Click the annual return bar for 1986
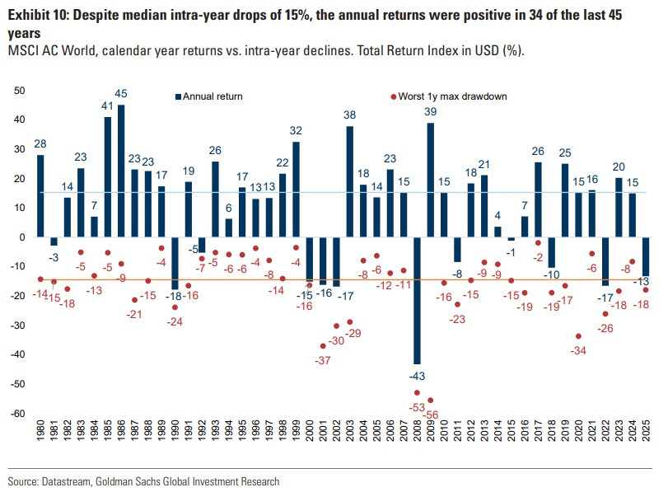121,171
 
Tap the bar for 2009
430,180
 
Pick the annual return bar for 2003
349,181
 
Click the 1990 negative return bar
175,263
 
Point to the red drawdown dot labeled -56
430,401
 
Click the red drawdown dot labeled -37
323,346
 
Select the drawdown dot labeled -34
578,336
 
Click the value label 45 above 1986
121,94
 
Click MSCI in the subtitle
23,51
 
